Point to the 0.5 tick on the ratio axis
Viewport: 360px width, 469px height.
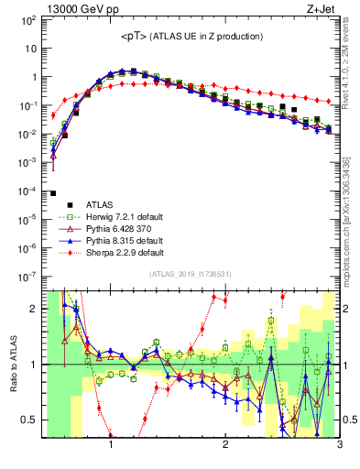click(29, 420)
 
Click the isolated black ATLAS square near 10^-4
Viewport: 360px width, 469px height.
click(54, 193)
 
